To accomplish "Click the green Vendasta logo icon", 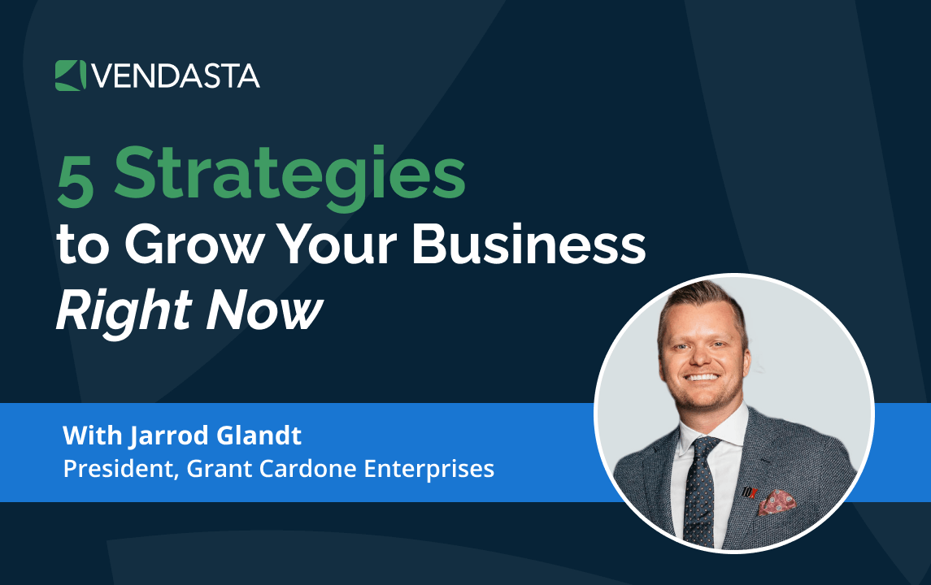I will (x=70, y=76).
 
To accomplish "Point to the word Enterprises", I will (x=424, y=469).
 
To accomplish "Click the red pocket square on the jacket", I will (x=775, y=501).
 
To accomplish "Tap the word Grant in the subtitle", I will (x=212, y=469).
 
